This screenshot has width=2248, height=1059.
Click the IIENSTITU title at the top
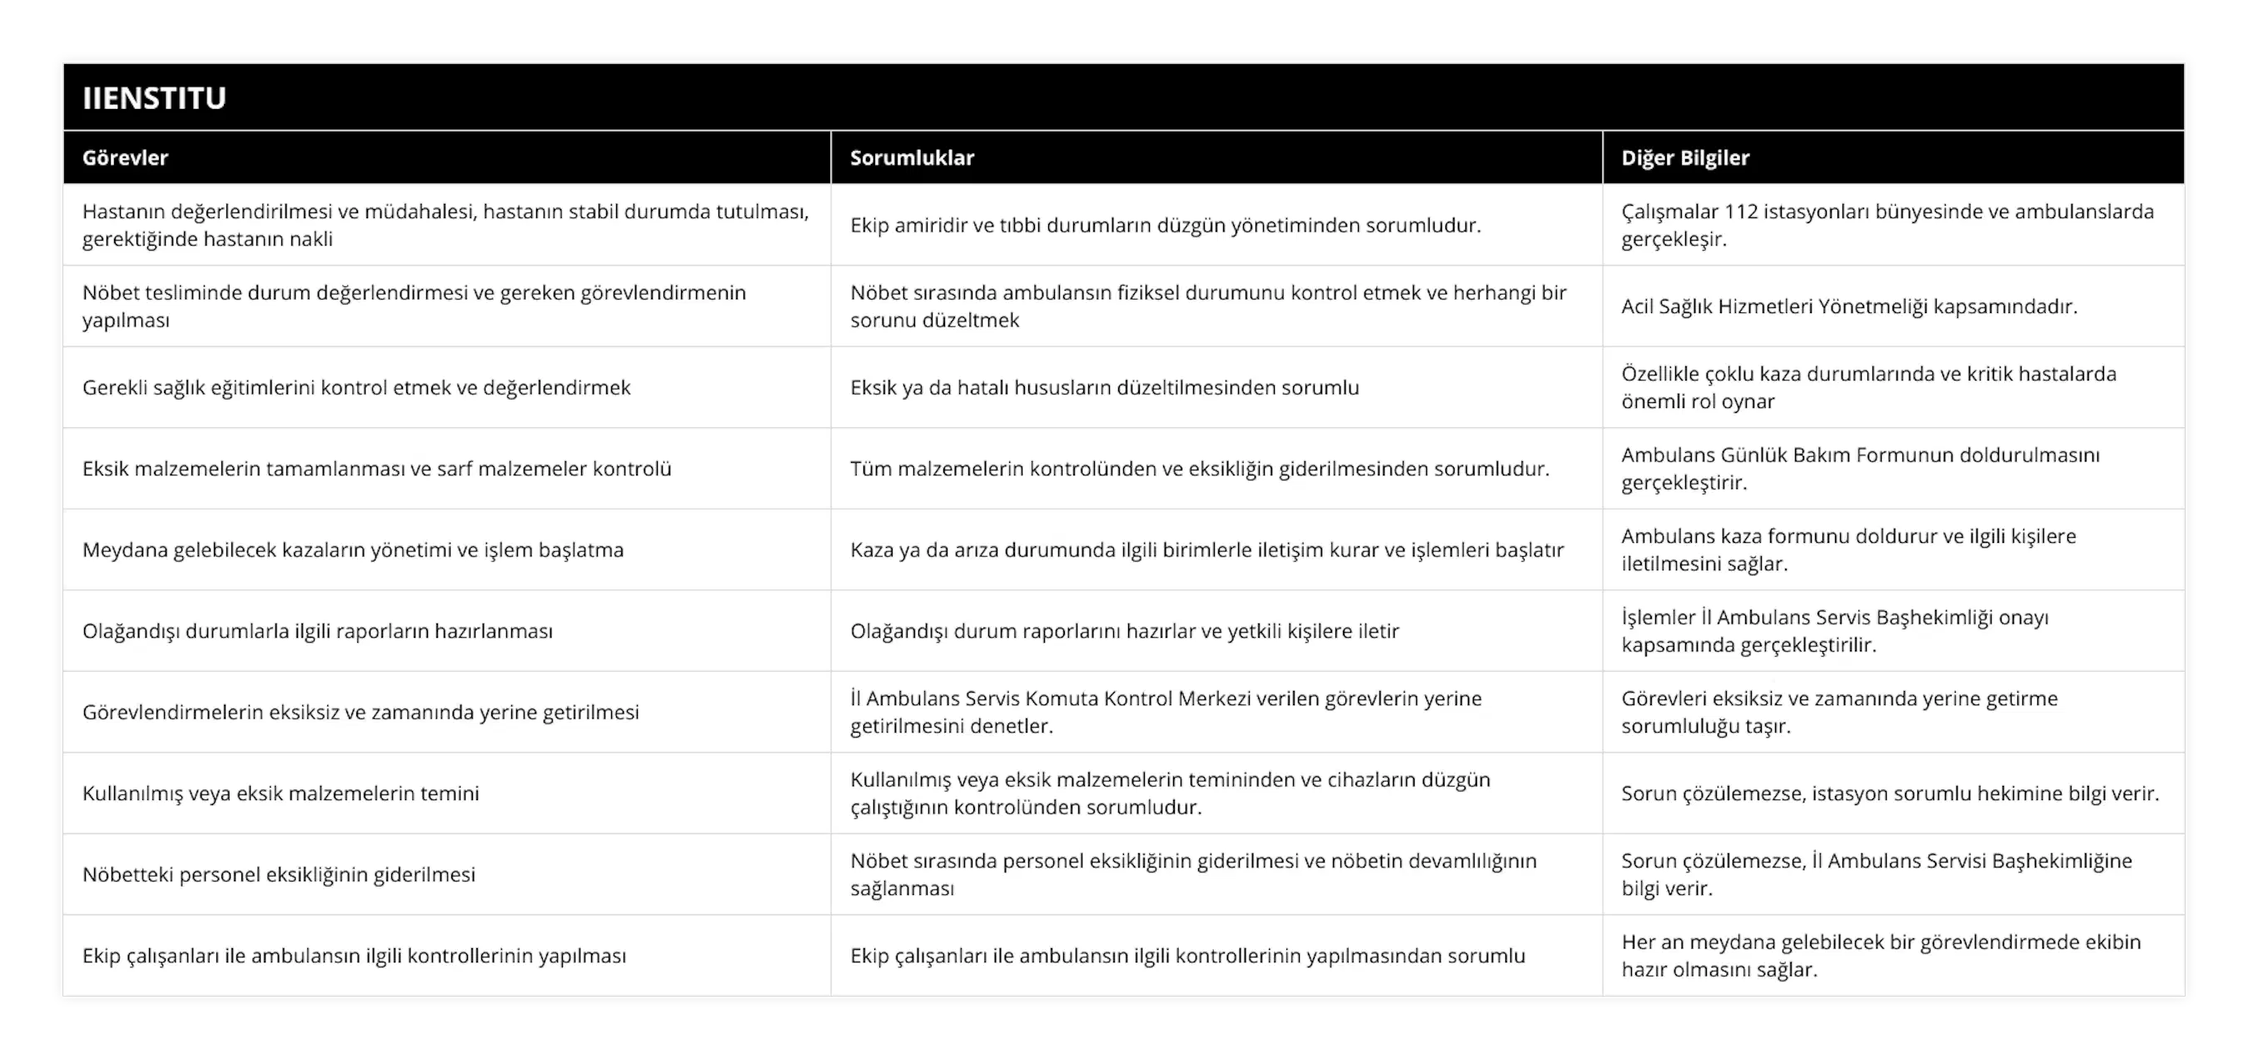155,97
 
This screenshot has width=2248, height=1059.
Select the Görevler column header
125,158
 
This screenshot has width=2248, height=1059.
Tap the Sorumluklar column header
912,158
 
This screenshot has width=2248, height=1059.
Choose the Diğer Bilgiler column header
1685,158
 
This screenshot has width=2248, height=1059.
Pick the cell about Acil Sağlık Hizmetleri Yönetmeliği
1849,306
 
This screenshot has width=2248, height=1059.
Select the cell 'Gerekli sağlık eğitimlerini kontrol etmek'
356,387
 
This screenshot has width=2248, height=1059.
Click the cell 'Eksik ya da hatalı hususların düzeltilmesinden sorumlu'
1105,387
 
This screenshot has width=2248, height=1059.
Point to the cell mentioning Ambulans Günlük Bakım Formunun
1861,469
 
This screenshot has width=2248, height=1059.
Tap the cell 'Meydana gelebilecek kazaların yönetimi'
352,549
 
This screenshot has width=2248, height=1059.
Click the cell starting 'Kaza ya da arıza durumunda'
1207,549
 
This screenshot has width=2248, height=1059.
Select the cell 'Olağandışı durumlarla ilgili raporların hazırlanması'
318,631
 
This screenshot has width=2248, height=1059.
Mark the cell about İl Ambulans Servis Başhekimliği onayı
1835,631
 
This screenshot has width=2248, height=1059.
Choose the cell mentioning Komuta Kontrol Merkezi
1166,712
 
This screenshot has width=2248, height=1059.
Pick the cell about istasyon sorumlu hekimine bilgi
1890,793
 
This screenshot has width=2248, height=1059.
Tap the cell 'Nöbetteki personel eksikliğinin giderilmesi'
278,874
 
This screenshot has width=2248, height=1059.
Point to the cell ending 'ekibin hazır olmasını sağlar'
1881,955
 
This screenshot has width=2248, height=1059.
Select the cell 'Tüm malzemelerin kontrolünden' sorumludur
1200,469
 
